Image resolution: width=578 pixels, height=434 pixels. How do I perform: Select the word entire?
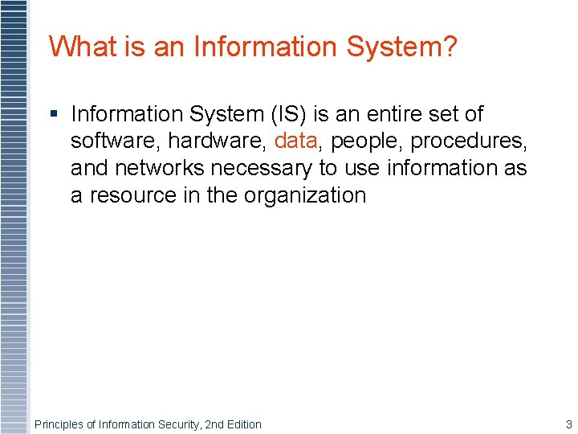click(397, 114)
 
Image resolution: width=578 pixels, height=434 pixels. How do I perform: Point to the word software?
click(116, 141)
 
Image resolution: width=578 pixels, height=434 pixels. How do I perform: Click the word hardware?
click(218, 141)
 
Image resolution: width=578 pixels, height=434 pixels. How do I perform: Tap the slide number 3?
click(569, 424)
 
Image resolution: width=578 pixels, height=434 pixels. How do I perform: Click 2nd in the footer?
click(214, 424)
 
